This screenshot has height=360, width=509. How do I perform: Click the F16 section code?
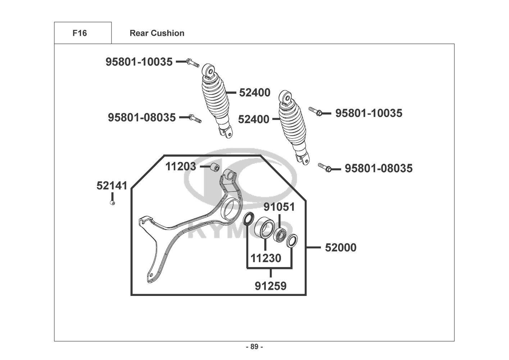(x=79, y=33)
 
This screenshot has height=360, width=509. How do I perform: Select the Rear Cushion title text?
(x=157, y=33)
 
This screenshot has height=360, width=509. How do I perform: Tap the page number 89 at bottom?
(x=254, y=347)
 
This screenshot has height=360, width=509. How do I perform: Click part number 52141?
(x=112, y=186)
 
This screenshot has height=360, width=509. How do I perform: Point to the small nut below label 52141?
(x=112, y=203)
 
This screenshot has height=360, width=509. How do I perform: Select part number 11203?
(x=181, y=167)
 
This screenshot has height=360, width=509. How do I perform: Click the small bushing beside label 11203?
(x=215, y=167)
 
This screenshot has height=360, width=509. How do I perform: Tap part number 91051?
(x=279, y=207)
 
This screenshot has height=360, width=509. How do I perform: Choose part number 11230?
(x=266, y=258)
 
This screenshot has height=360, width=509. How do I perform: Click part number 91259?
(x=271, y=286)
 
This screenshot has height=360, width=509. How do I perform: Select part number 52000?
(x=341, y=248)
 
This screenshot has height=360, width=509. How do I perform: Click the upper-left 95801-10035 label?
(x=139, y=62)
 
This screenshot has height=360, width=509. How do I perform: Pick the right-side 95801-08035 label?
(x=379, y=168)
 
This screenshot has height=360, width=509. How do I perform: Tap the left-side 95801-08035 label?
(x=142, y=117)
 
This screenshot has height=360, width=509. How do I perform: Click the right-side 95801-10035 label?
(x=369, y=113)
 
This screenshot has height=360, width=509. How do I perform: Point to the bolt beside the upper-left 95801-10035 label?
(x=193, y=63)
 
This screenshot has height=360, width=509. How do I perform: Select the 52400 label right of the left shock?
(x=255, y=93)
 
